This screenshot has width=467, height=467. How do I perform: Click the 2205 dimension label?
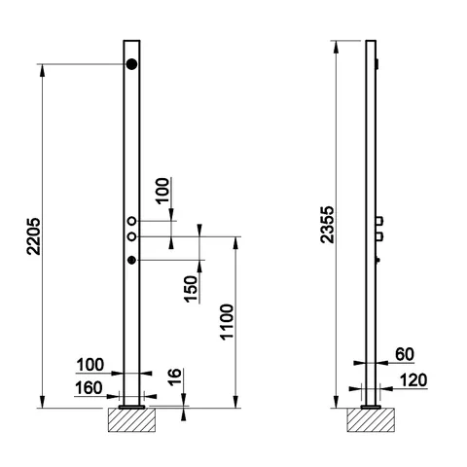tap(33, 236)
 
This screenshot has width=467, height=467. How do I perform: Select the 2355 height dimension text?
tap(327, 225)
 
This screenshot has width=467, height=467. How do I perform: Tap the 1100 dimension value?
tap(227, 322)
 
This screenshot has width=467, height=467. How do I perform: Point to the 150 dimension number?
tap(191, 289)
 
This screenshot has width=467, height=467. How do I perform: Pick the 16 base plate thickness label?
tap(175, 377)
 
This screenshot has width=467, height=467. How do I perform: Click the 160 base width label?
tap(89, 388)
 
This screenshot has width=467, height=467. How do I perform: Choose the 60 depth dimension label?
tap(405, 354)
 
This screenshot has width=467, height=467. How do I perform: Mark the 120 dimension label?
tap(413, 380)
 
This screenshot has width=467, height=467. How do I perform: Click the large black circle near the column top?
tap(131, 64)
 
